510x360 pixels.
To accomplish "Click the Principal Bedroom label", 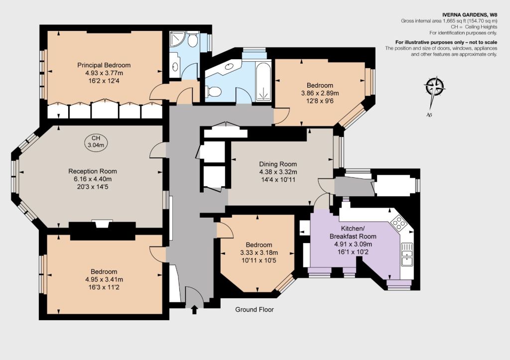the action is [x=104, y=65].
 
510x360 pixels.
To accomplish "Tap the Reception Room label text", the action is [x=92, y=171].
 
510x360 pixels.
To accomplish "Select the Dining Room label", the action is [x=278, y=164].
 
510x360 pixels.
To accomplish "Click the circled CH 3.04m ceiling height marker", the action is [x=96, y=141].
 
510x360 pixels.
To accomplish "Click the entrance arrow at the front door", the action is [x=194, y=309].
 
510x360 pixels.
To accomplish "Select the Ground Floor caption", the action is [x=255, y=310].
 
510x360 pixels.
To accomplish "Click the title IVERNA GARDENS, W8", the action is [x=470, y=14].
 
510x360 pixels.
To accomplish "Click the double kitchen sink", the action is [x=407, y=254].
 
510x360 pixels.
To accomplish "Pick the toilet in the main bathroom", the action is [x=213, y=92].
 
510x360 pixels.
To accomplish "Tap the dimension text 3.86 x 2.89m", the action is [x=320, y=93].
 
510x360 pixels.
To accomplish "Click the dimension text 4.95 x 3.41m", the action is [x=104, y=279].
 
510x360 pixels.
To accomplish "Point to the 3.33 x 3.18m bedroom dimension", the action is [x=259, y=252].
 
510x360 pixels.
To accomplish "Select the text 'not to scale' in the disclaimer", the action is [x=483, y=42].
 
